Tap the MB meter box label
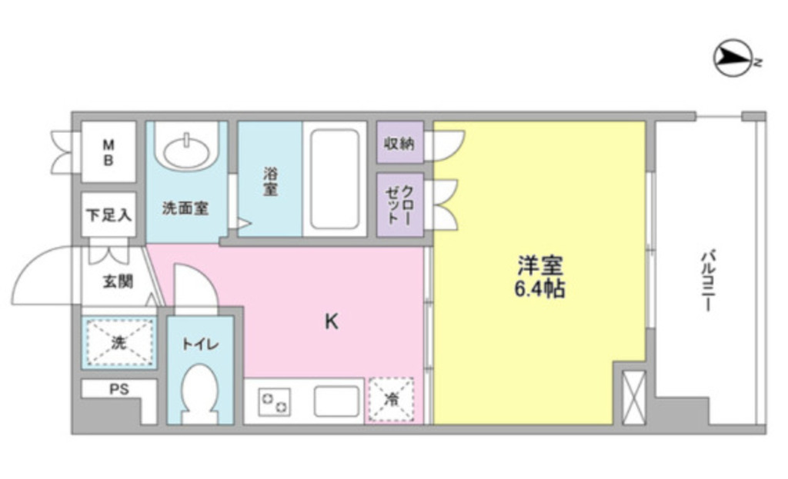coord(109,151)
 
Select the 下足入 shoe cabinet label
coord(109,215)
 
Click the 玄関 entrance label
coord(119,281)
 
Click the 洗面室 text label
coord(185,208)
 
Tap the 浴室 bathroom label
coord(269,181)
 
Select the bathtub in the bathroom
coord(334,178)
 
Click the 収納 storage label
coord(399,143)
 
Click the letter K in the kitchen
coord(331,321)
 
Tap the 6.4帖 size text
coord(540,290)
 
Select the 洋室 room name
coord(540,266)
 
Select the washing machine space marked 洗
coord(119,342)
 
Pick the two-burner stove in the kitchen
coord(275,401)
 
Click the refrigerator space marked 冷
coord(392,400)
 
